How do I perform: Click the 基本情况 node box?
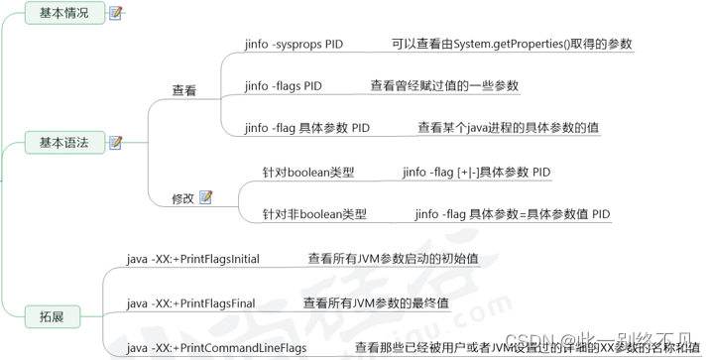tap(63, 13)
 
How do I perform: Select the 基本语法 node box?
tap(63, 143)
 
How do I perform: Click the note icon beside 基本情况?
tap(117, 13)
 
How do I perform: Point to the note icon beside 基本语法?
tap(116, 143)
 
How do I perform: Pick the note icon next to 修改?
tap(205, 197)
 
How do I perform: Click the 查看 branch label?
tap(183, 90)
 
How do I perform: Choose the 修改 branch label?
tap(182, 198)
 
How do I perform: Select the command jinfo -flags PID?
tap(283, 86)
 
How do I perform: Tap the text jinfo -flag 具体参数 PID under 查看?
tap(306, 128)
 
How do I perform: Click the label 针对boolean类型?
tap(307, 173)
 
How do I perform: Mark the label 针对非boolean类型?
tap(314, 214)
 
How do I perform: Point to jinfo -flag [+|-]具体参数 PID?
tap(476, 173)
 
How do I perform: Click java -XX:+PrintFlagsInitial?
tap(192, 259)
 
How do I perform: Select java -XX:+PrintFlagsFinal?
tap(190, 302)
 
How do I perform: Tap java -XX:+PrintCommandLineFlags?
tap(216, 348)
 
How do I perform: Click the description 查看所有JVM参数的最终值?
tap(376, 302)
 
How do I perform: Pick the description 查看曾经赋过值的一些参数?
tap(444, 86)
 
